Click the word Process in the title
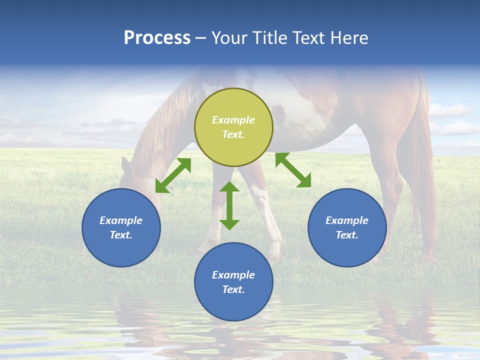157,38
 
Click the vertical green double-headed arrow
229,205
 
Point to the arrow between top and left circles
173,175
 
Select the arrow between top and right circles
293,170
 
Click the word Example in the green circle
233,120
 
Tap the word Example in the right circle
347,220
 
